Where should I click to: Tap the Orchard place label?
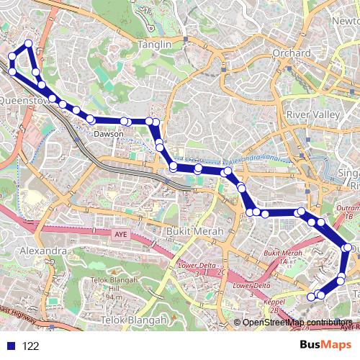(292, 53)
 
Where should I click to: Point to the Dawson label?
(108, 134)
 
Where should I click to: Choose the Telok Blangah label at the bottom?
(135, 319)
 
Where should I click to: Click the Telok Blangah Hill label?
(113, 287)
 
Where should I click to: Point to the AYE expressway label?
(120, 234)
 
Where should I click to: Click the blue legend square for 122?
(9, 346)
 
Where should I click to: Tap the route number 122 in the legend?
(30, 346)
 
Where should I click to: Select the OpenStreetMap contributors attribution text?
(297, 323)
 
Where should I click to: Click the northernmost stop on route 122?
(28, 44)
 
